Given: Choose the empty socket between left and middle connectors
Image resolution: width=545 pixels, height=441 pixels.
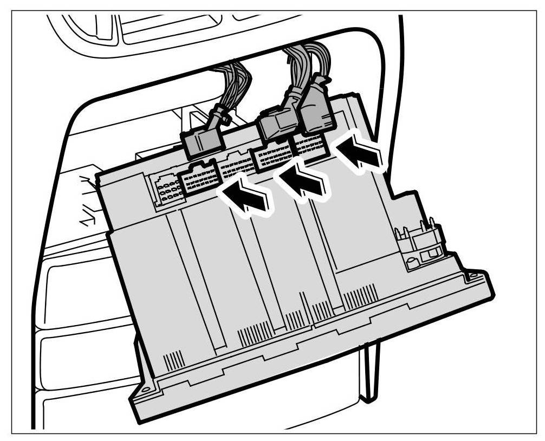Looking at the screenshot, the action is tap(235, 165).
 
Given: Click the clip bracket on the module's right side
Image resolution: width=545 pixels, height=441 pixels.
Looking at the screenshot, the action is tap(423, 241).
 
